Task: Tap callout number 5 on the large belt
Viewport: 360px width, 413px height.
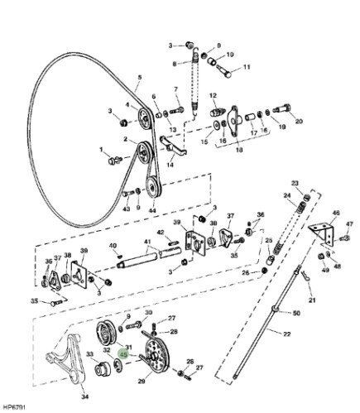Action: coord(140,78)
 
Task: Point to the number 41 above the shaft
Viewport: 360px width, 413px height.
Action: coord(148,243)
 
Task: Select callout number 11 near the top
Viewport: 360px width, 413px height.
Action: coord(247,67)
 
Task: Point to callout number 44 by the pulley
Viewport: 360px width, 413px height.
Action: coord(152,210)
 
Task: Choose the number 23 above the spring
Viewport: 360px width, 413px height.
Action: coord(294,183)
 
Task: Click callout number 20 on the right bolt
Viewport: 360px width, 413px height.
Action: coord(298,122)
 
